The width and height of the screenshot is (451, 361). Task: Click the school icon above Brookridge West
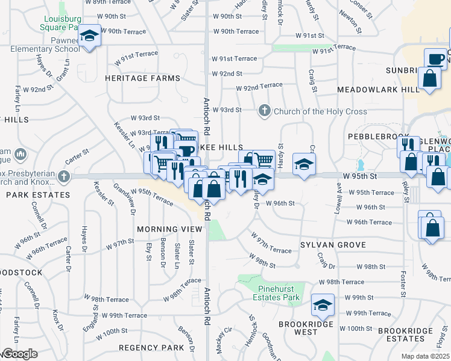(323, 306)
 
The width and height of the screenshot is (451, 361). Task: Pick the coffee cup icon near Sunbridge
(436, 59)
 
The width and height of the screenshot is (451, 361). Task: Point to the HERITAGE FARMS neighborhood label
(142, 78)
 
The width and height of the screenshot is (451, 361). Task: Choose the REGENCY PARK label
(151, 348)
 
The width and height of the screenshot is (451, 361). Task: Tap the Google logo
(20, 354)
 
